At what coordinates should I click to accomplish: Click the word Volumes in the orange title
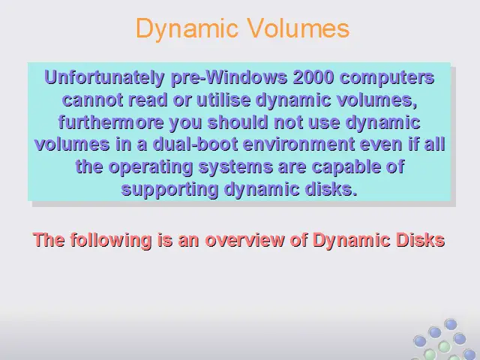[x=298, y=28]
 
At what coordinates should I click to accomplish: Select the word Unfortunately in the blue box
[x=104, y=77]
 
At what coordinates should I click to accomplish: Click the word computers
[x=387, y=78]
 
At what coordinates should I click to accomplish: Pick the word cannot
[x=92, y=100]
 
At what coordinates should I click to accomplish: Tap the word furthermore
[x=111, y=121]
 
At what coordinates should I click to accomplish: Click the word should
[x=238, y=121]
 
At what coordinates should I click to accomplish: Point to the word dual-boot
[x=195, y=144]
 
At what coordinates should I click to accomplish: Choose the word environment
[x=298, y=145]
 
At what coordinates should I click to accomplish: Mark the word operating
[x=150, y=167]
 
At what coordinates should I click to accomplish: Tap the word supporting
[x=170, y=190]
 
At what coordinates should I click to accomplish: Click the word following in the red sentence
[x=111, y=240]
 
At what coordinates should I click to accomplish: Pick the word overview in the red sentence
[x=244, y=240]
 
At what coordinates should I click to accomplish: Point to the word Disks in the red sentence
[x=420, y=240]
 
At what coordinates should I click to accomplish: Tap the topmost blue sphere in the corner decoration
[x=451, y=325]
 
